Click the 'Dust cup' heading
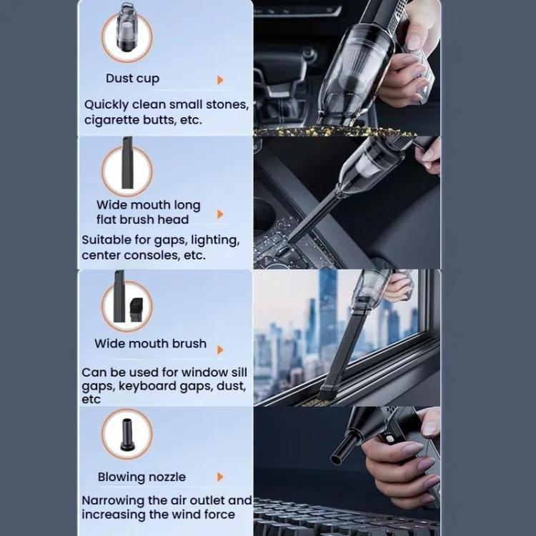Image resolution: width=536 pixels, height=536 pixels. (132, 79)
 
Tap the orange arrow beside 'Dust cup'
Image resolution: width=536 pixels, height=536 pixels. (221, 80)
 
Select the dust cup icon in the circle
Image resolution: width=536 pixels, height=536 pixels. (126, 28)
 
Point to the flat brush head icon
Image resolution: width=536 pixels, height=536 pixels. (127, 163)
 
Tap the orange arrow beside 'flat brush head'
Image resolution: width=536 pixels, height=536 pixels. (221, 214)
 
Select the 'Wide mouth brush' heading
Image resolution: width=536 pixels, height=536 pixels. (150, 344)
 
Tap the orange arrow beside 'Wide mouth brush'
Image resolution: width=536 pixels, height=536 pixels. (221, 349)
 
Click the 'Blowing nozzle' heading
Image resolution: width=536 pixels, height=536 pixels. (142, 477)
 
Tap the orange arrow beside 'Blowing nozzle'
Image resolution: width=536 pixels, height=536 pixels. (221, 477)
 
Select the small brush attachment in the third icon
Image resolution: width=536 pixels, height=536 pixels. (136, 309)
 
